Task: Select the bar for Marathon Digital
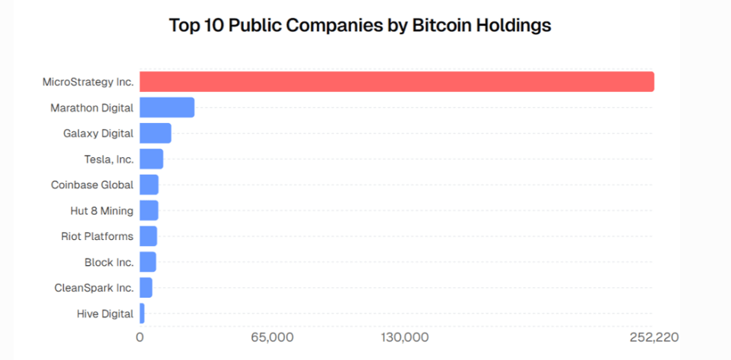coord(167,108)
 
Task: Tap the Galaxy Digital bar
coord(155,134)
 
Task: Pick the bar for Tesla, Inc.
coord(151,159)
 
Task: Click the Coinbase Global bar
coord(149,185)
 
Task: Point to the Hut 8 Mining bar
coord(149,210)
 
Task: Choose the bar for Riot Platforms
coord(148,236)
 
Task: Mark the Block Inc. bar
coord(147,262)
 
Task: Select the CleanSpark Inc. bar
coord(146,288)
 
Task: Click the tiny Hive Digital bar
coord(142,313)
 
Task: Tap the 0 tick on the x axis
coord(140,336)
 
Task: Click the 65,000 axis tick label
coord(271,336)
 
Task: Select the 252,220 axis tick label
coord(653,336)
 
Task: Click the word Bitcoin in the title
coord(441,25)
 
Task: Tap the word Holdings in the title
coord(513,25)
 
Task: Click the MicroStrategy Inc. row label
coord(88,82)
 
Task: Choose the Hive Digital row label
coord(105,313)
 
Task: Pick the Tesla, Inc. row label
coord(109,159)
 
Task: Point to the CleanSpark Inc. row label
coord(94,288)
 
